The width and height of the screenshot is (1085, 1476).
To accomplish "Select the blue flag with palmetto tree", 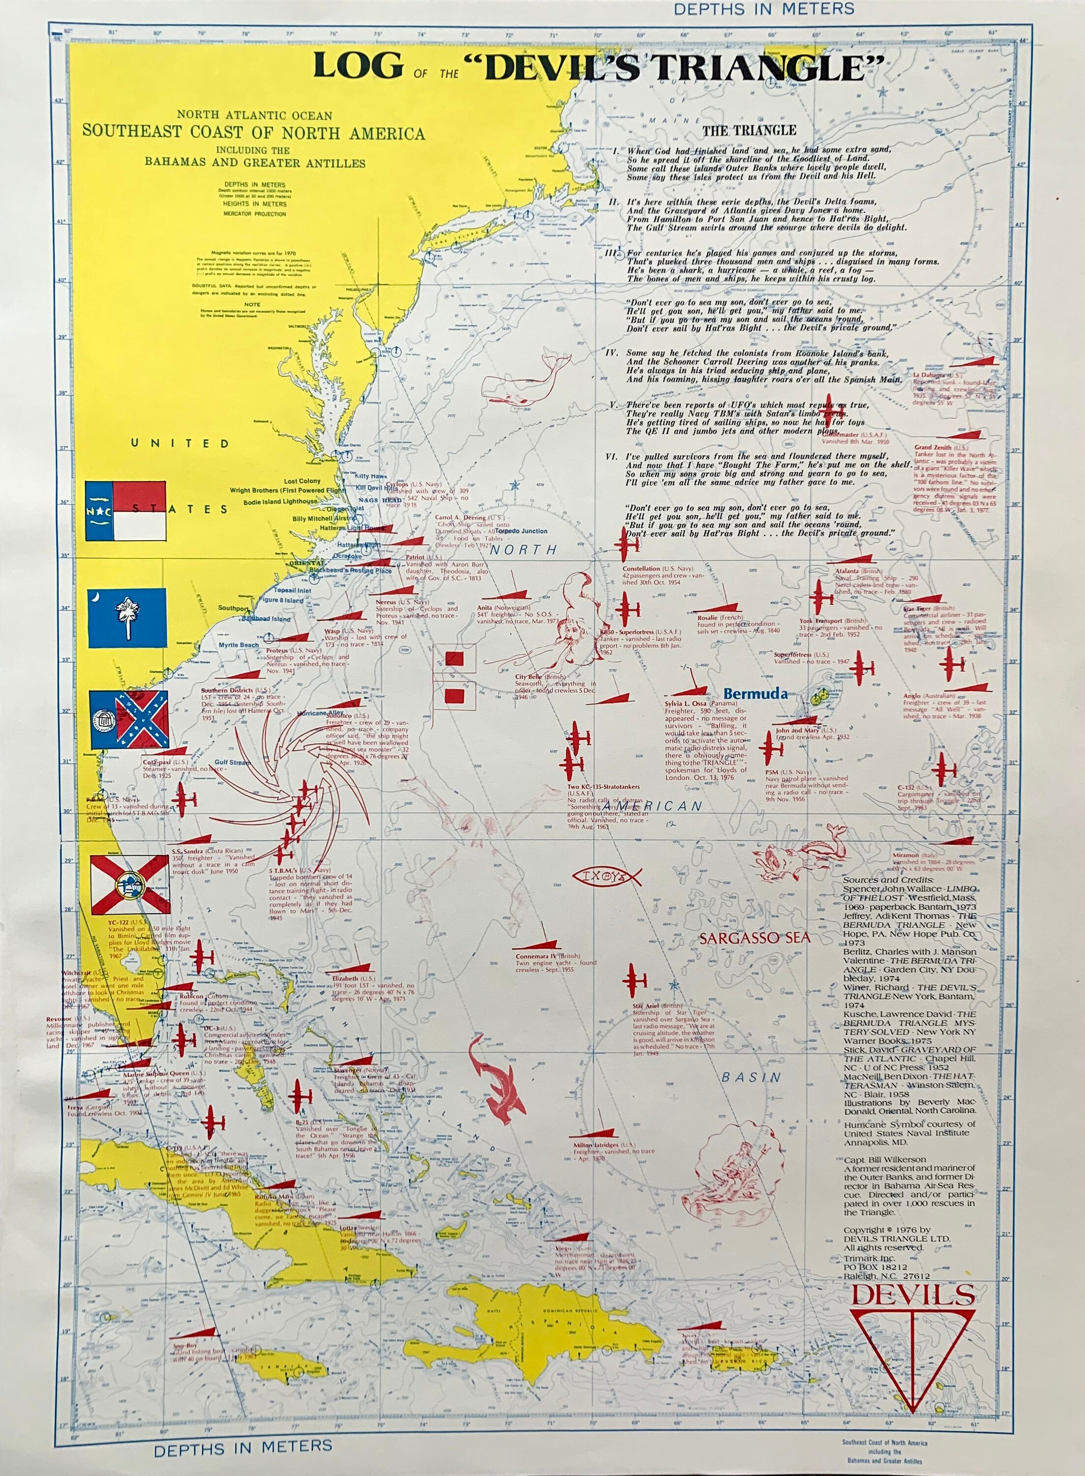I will (x=127, y=617).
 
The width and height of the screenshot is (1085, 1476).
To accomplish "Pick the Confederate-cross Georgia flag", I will (x=129, y=720).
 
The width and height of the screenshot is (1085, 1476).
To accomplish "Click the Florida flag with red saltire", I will (x=129, y=884).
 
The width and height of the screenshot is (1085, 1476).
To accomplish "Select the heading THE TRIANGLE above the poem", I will (x=749, y=130).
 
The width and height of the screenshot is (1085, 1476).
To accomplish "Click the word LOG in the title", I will (x=358, y=66).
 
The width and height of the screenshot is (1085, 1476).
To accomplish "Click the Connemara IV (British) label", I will (x=546, y=956).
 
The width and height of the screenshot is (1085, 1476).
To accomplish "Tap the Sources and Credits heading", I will (x=887, y=880).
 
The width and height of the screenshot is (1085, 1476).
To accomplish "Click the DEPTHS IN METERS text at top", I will (x=763, y=8).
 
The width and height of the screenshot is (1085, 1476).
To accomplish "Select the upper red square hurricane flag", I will (x=454, y=658).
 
